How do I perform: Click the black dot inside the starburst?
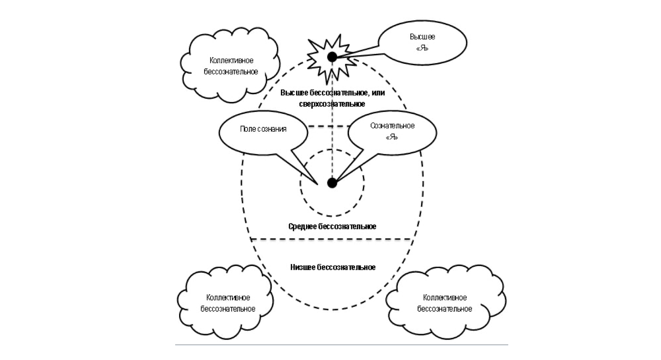coord(332,57)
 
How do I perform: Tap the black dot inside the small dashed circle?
coord(332,183)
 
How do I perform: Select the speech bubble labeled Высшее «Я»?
coord(422,42)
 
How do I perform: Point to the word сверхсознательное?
coord(332,104)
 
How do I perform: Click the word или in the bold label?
coord(378,93)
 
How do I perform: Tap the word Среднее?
coord(302,227)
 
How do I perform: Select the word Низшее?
coord(303,267)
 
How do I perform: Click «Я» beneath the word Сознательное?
coord(392,137)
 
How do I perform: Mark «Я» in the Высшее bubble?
coord(422,48)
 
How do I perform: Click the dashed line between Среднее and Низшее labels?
coord(332,239)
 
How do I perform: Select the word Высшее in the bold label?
coord(293,93)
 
